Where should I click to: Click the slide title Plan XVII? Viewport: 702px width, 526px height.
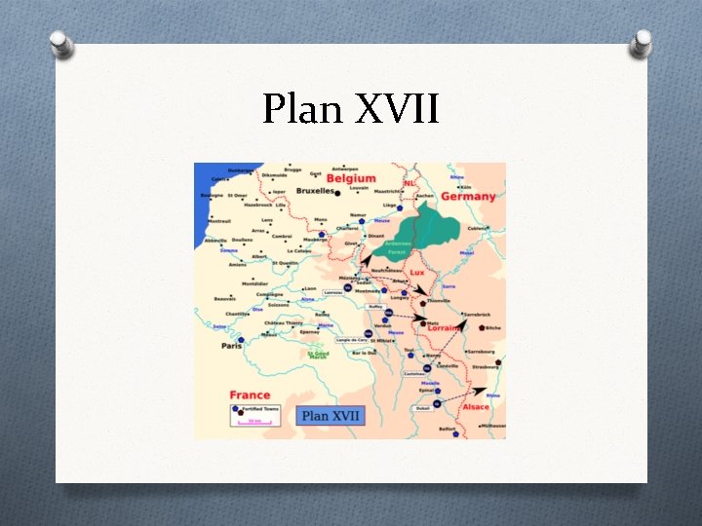[x=351, y=109]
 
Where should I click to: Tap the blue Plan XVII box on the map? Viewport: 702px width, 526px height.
[x=331, y=416]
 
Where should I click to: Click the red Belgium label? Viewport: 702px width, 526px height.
[x=350, y=179]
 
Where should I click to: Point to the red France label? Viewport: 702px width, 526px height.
[x=250, y=394]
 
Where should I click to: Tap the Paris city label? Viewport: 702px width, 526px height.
[x=232, y=346]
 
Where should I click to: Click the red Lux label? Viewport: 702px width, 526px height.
[x=417, y=273]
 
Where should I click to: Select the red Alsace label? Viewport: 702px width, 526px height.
[x=476, y=406]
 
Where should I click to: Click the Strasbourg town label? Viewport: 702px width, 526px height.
[x=485, y=367]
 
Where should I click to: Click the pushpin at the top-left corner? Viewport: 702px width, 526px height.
[x=60, y=44]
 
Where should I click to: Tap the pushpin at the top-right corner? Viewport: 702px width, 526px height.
[x=641, y=44]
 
